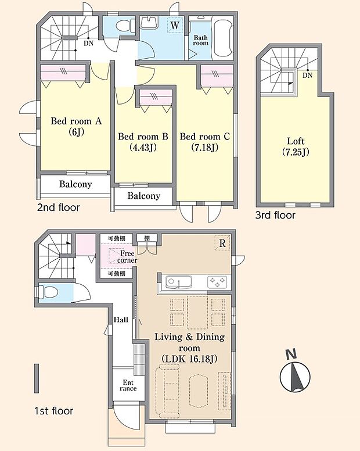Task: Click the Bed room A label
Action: click(76, 121)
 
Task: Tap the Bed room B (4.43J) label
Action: click(143, 141)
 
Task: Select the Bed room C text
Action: click(205, 137)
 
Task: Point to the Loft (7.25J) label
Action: click(296, 146)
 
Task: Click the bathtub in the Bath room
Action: click(223, 37)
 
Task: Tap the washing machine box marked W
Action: click(175, 26)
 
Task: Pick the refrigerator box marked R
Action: click(222, 243)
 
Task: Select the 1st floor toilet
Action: click(48, 292)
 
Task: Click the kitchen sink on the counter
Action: click(179, 282)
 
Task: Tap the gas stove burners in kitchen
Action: click(217, 282)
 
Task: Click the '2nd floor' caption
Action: click(58, 207)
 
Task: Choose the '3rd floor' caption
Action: click(275, 215)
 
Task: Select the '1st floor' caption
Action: click(54, 411)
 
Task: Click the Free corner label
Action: click(127, 256)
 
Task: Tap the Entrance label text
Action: click(128, 385)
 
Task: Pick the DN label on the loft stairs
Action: click(307, 76)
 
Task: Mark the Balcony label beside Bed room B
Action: click(143, 196)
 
